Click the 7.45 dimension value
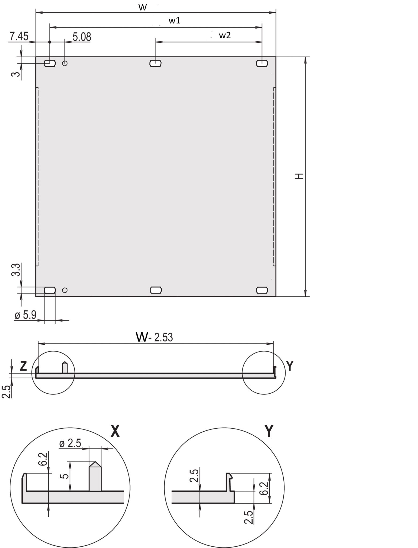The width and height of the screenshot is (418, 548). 19,36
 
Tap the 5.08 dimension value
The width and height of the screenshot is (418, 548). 82,37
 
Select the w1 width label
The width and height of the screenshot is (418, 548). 174,21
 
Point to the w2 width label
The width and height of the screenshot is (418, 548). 225,35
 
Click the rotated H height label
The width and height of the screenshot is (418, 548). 299,176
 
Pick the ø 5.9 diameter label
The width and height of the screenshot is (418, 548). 26,315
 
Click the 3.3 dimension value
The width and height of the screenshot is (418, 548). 16,269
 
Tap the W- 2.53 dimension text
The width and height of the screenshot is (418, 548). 154,337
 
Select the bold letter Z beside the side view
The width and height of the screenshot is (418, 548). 24,366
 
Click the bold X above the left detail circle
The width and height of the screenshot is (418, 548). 115,431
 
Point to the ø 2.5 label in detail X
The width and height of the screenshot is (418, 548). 70,444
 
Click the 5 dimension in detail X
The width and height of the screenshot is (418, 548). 64,476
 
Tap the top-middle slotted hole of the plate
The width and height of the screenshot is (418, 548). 155,63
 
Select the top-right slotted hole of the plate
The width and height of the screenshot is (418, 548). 262,63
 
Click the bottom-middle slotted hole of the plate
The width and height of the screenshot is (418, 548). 156,290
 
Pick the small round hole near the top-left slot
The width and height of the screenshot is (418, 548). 65,63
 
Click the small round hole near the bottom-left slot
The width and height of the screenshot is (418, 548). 65,290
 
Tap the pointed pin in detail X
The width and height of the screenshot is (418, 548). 95,476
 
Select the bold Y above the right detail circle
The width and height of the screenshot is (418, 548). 269,431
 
